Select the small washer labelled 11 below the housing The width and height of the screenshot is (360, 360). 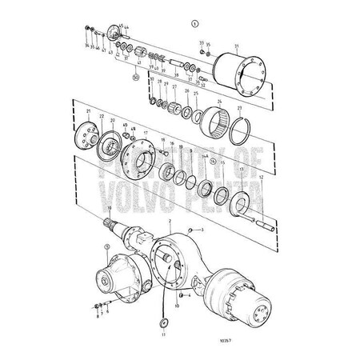[165, 322]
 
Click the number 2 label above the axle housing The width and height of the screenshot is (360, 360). [170, 220]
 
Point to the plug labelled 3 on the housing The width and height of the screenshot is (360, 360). [190, 231]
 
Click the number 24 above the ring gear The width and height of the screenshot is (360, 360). [218, 102]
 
